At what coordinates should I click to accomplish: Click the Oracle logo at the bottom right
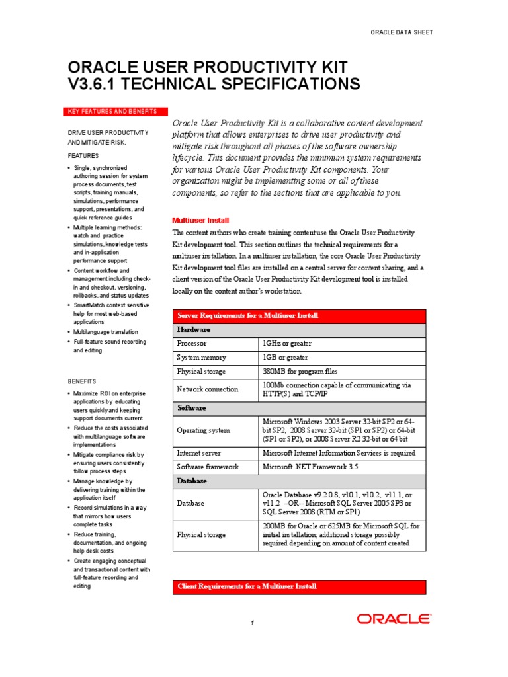394,619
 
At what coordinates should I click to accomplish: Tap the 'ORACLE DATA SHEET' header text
401,32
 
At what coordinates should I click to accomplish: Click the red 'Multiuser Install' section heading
200,220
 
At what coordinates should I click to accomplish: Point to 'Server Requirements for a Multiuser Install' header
247,316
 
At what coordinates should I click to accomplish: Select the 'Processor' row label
192,344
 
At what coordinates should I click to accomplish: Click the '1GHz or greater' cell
287,344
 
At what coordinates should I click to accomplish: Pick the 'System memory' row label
201,358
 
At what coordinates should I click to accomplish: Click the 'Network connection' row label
207,389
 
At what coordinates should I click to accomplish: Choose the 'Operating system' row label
203,430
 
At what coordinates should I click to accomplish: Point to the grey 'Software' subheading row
192,408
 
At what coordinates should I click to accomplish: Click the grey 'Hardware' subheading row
194,329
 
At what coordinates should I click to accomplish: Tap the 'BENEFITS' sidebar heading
82,381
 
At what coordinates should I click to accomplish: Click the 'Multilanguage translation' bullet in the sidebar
106,331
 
